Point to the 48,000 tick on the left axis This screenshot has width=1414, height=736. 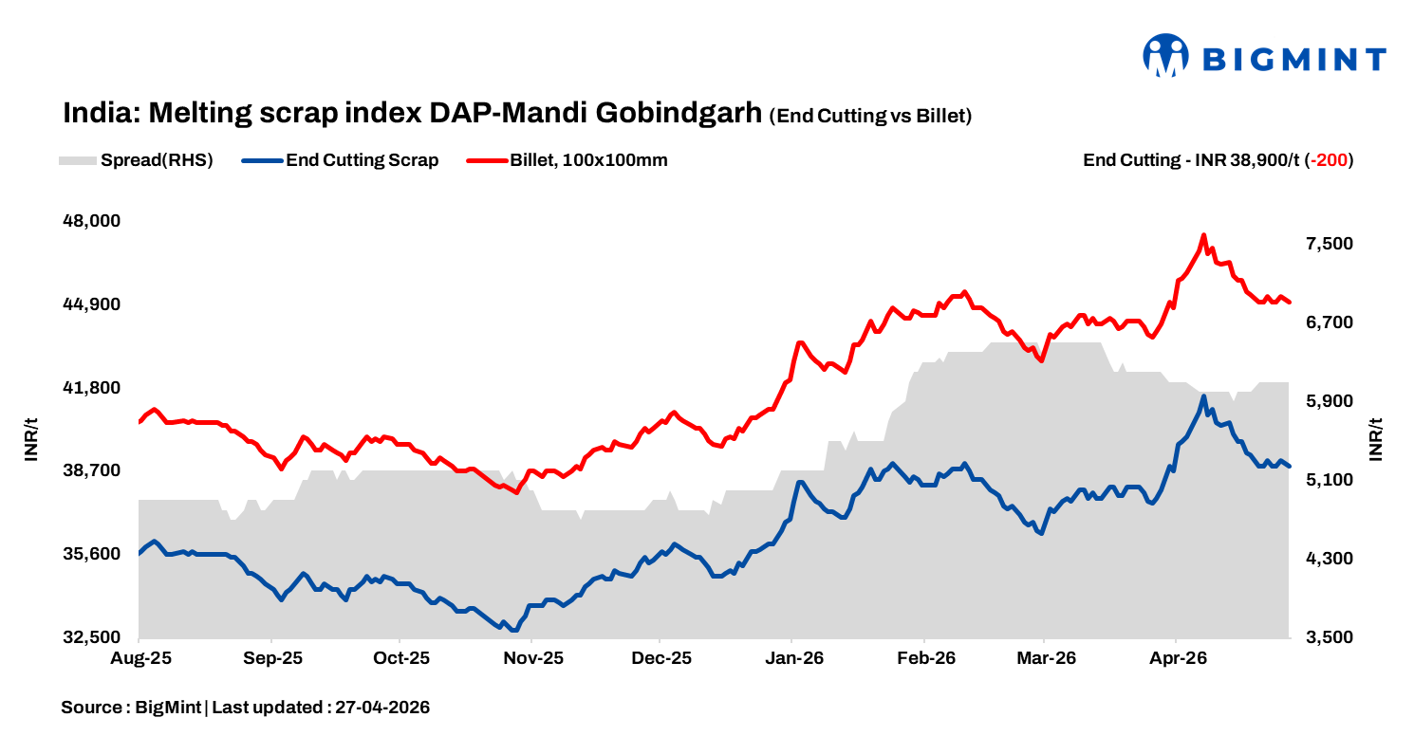(92, 221)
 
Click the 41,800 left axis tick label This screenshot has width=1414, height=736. (92, 388)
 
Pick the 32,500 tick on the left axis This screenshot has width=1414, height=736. (92, 637)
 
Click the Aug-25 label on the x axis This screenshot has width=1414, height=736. (140, 658)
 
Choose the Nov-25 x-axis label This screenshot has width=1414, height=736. (533, 658)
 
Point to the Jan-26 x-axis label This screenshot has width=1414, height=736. (794, 658)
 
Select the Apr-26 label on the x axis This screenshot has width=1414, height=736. (1178, 658)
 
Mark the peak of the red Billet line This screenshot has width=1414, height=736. (1203, 235)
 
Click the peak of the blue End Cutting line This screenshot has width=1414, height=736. (1203, 396)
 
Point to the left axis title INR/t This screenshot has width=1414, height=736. (31, 439)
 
